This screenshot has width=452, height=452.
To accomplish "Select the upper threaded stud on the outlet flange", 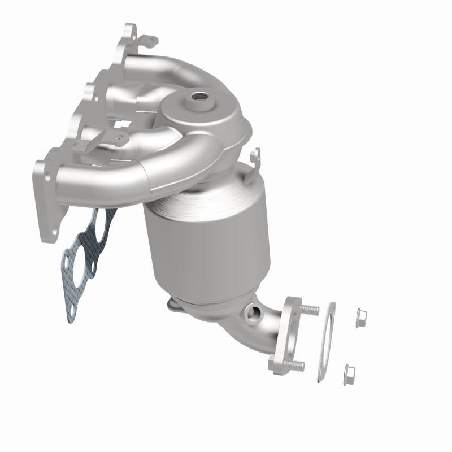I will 310,309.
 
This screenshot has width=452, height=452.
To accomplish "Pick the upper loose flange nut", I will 359,318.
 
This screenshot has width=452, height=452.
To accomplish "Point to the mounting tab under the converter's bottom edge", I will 175,306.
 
